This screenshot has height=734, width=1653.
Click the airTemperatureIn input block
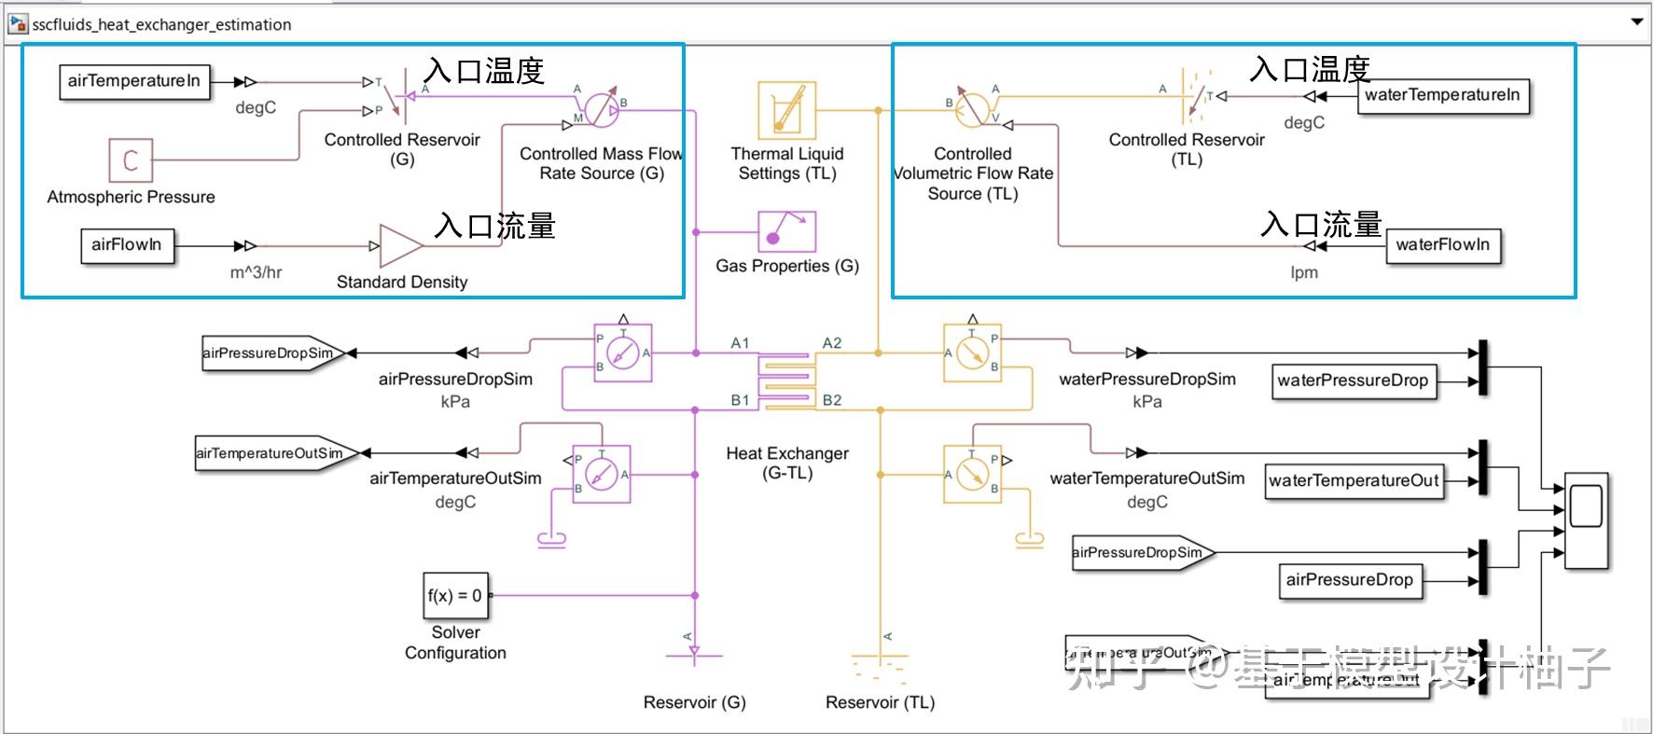pyautogui.click(x=133, y=81)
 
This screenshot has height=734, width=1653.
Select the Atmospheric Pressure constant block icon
pyautogui.click(x=130, y=160)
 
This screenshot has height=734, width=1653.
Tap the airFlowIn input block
pyautogui.click(x=127, y=245)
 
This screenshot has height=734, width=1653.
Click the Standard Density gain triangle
pyautogui.click(x=400, y=246)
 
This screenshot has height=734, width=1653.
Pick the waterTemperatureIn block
pyautogui.click(x=1442, y=95)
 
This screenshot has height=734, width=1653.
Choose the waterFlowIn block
pyautogui.click(x=1442, y=245)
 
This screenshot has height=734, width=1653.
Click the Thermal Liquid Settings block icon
pyautogui.click(x=786, y=110)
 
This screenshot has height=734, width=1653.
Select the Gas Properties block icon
pyautogui.click(x=786, y=231)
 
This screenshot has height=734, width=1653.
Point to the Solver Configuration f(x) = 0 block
pyautogui.click(x=455, y=596)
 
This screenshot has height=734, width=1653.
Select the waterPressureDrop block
pyautogui.click(x=1353, y=381)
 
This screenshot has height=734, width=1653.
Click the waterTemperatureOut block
pyautogui.click(x=1354, y=481)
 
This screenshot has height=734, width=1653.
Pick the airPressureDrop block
pyautogui.click(x=1349, y=580)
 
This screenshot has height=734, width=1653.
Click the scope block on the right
pyautogui.click(x=1586, y=520)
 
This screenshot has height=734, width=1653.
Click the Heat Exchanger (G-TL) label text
pyautogui.click(x=787, y=464)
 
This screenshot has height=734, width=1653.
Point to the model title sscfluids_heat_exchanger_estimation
pyautogui.click(x=161, y=24)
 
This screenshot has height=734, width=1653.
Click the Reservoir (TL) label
pyautogui.click(x=880, y=702)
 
